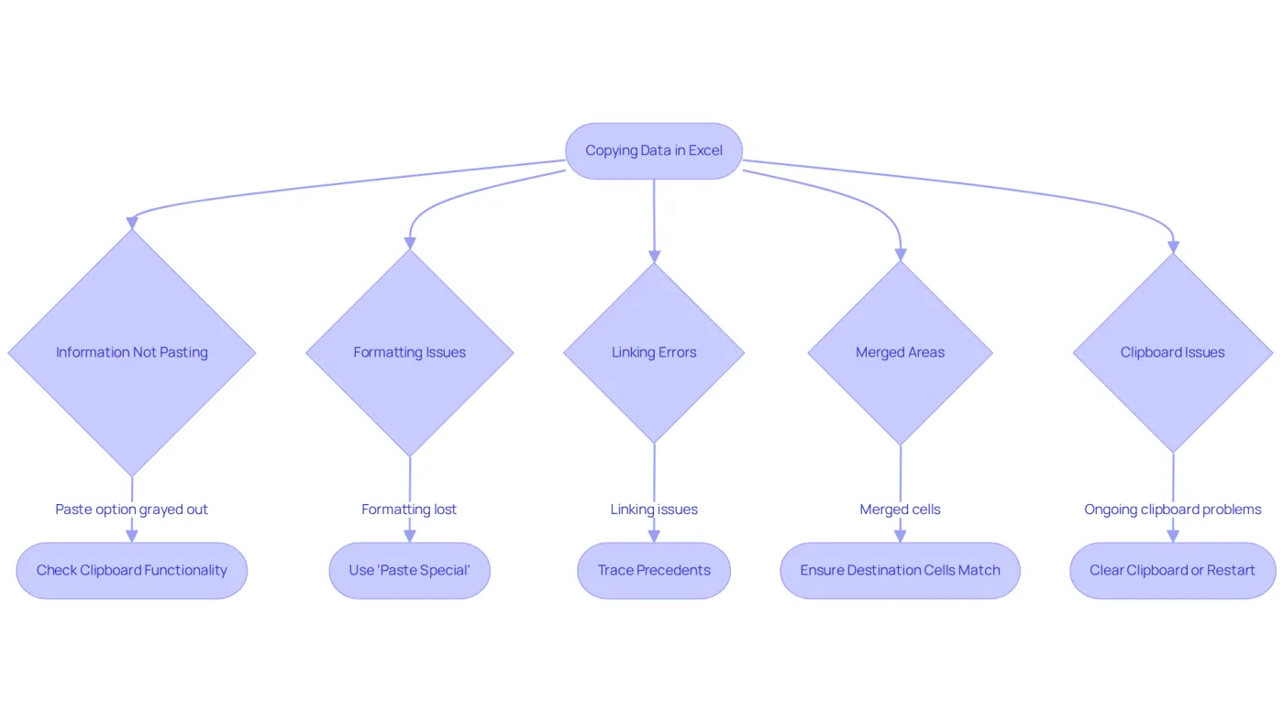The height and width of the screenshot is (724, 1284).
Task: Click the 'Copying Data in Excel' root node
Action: tap(653, 150)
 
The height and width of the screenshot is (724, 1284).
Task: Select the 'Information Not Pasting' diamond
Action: tap(132, 353)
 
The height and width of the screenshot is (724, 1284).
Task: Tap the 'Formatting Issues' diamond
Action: tap(410, 353)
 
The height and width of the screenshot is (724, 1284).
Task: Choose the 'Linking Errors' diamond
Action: tap(654, 353)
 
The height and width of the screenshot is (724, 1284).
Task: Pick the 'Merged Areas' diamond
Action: tap(900, 353)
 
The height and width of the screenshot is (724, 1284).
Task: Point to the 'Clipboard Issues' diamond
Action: tap(1173, 353)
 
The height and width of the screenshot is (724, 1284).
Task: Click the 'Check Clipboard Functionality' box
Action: tap(132, 570)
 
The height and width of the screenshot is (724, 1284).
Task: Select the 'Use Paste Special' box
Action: tap(410, 570)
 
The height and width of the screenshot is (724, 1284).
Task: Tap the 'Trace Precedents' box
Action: tap(654, 570)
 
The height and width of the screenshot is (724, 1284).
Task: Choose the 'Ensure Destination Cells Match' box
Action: tap(900, 570)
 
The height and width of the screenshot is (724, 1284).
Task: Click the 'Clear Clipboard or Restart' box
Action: tap(1173, 570)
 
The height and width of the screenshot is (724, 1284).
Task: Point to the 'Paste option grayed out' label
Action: tap(131, 510)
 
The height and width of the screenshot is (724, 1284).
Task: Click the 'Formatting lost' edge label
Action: tap(409, 510)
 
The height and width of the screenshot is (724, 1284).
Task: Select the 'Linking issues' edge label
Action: tap(654, 510)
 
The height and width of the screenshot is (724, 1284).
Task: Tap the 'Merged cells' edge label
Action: tap(900, 510)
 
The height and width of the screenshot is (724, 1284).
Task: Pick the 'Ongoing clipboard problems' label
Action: tap(1173, 510)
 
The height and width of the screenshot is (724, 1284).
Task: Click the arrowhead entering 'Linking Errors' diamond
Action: tap(654, 256)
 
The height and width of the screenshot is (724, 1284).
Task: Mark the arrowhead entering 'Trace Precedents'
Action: tap(654, 536)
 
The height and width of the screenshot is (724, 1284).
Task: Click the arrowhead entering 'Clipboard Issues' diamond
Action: tap(1173, 247)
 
